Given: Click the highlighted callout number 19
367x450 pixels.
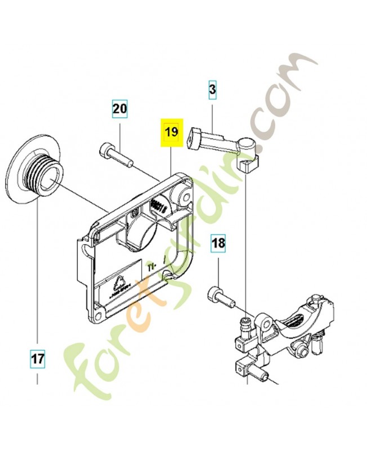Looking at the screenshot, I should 171,133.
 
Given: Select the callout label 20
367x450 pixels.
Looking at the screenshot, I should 119,109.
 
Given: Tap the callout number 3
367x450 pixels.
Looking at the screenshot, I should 212,89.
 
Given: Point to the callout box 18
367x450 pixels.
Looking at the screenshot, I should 218,244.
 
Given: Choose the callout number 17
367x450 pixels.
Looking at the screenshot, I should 38,357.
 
